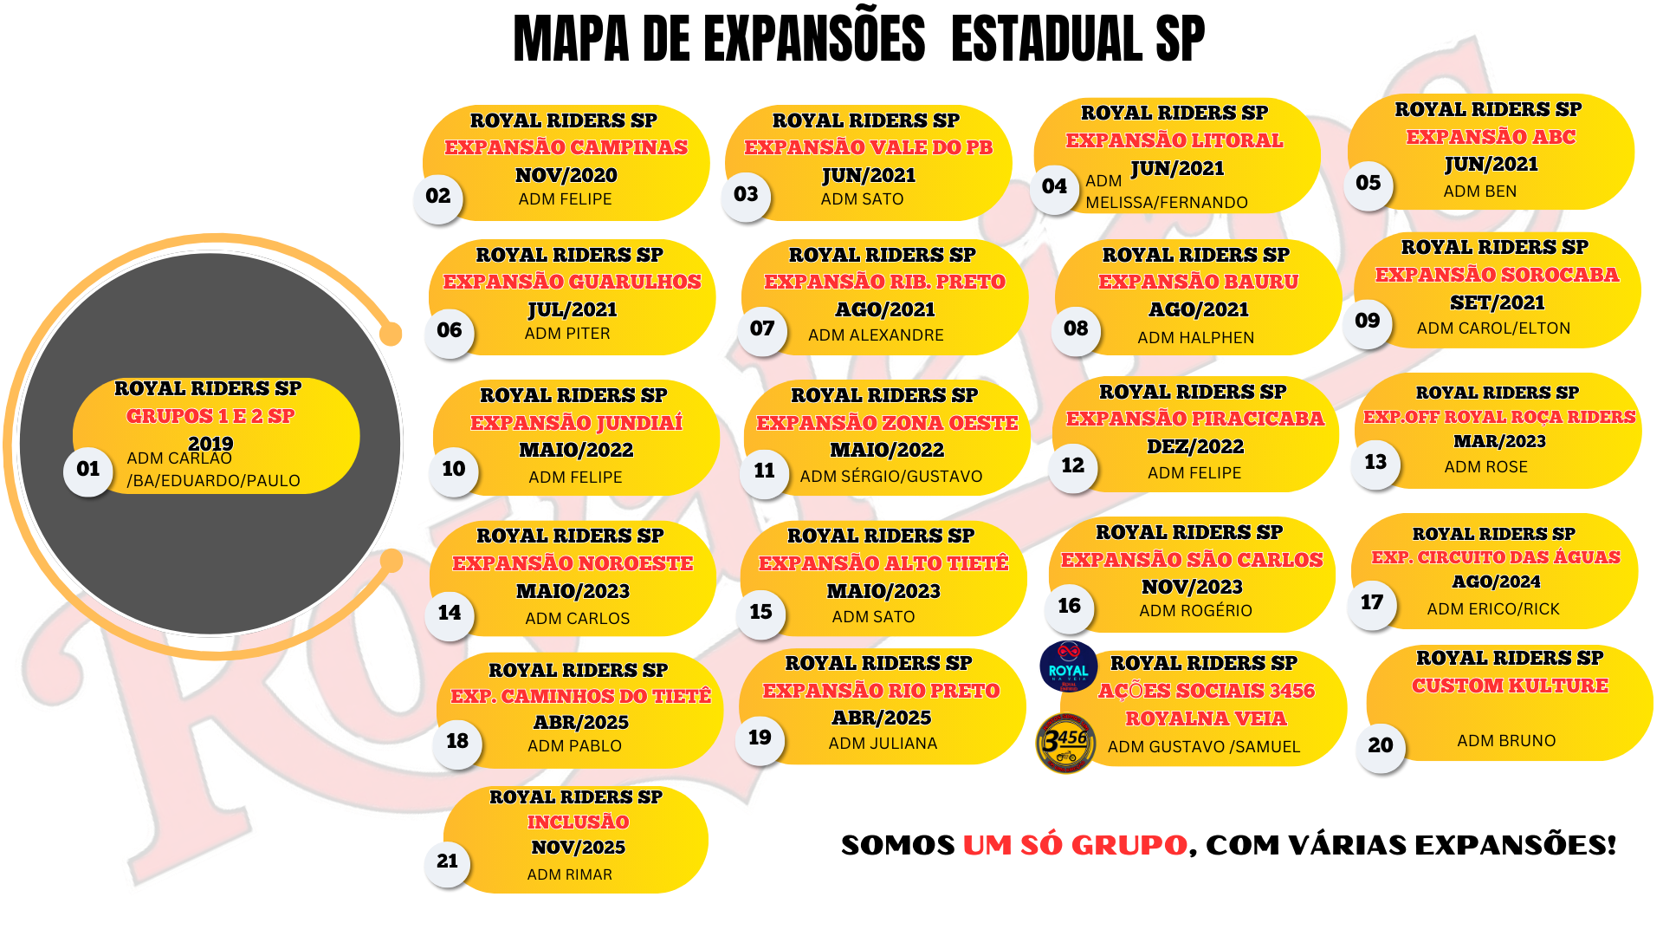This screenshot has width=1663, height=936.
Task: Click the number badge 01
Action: pyautogui.click(x=88, y=470)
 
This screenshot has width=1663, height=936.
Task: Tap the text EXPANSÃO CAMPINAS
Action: pyautogui.click(x=566, y=147)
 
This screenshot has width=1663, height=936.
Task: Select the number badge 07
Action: pyautogui.click(x=762, y=329)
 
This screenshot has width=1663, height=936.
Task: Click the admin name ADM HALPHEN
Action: pyautogui.click(x=1195, y=338)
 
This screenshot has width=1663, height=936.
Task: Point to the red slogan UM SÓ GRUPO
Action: pyautogui.click(x=1075, y=845)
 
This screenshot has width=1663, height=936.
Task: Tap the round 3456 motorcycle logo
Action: pyautogui.click(x=1065, y=743)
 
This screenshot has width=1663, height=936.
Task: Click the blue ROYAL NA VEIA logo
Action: pyautogui.click(x=1068, y=667)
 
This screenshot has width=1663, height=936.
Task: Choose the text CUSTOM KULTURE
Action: pyautogui.click(x=1510, y=686)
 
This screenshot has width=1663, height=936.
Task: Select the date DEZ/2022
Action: pyautogui.click(x=1195, y=447)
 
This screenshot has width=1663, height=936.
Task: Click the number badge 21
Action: pyautogui.click(x=447, y=861)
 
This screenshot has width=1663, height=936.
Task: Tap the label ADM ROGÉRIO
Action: pyautogui.click(x=1195, y=611)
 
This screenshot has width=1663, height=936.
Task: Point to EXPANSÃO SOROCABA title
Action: pyautogui.click(x=1497, y=276)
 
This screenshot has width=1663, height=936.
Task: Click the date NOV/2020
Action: pyautogui.click(x=566, y=176)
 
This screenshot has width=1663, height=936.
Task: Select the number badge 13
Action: pyautogui.click(x=1375, y=463)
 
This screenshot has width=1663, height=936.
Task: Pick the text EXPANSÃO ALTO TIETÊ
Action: pyautogui.click(x=883, y=563)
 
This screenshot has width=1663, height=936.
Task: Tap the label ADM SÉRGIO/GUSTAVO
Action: pyautogui.click(x=890, y=477)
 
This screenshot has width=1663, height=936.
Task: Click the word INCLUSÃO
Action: pyautogui.click(x=578, y=822)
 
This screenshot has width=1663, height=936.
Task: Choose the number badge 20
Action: pyautogui.click(x=1381, y=745)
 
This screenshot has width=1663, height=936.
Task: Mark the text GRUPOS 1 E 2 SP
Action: pyautogui.click(x=210, y=417)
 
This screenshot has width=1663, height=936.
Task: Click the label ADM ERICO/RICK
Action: pyautogui.click(x=1493, y=609)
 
